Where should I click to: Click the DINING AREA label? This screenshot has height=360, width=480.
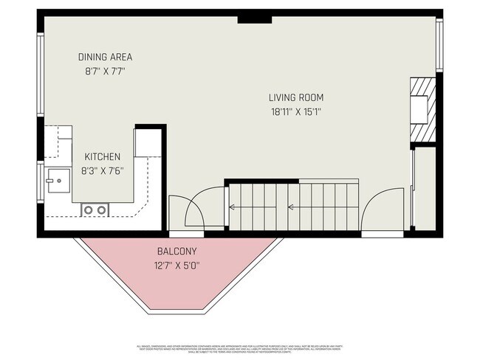point(105,57)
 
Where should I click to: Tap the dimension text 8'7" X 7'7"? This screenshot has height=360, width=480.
point(105,72)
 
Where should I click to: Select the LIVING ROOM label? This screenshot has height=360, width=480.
point(295,97)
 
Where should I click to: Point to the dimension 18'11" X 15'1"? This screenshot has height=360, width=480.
point(295,112)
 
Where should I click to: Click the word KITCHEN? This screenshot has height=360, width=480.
point(102,156)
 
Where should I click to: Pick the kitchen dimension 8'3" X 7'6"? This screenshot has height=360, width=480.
point(102,170)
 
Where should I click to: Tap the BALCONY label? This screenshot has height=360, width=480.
point(176,252)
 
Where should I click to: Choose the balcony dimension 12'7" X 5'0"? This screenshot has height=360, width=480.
point(176,266)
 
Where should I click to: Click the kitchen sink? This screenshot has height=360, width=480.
point(55,180)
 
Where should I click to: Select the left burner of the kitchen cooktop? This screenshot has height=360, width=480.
point(88,210)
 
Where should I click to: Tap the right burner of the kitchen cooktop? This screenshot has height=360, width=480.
point(100,210)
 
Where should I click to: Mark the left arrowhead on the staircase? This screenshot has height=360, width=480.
point(232,207)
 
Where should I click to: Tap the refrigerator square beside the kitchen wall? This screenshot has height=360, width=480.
point(146,144)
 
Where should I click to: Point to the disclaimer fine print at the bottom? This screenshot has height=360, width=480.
point(240,347)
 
